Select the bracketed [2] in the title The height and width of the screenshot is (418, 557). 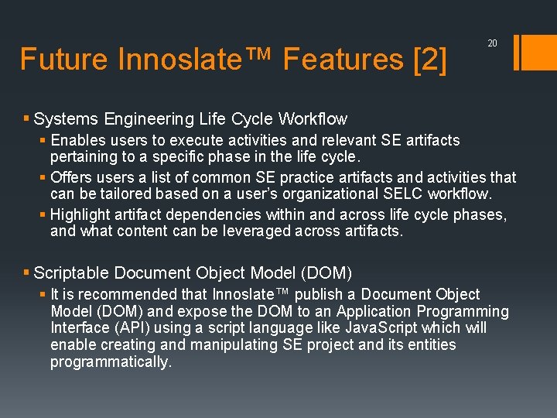point(430,60)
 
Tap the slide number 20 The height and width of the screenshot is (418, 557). point(492,44)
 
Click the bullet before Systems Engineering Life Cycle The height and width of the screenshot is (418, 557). point(27,119)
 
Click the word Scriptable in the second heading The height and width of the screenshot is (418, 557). point(72,273)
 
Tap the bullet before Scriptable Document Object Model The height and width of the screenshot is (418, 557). point(27,273)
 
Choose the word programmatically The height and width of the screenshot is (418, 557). point(111,362)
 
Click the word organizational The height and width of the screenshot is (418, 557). point(316,193)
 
